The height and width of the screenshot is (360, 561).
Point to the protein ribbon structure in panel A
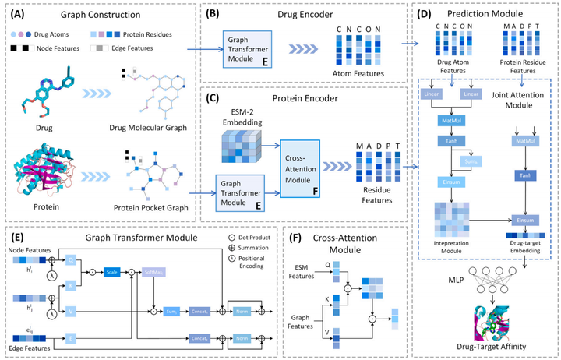(47, 168)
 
